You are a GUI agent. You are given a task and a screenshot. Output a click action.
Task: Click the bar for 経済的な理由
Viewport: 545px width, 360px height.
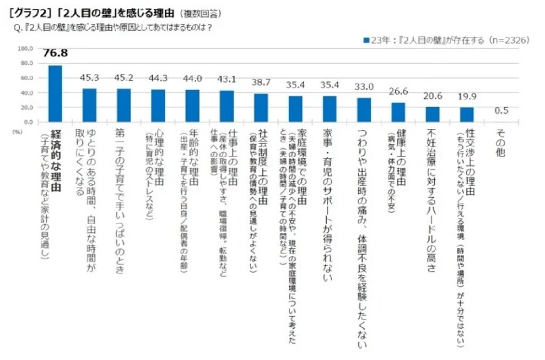point(55,93)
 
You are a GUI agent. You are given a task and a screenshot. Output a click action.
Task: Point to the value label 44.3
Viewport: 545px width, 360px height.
point(158,78)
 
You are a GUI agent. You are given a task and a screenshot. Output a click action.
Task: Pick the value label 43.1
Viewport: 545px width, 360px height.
point(227,78)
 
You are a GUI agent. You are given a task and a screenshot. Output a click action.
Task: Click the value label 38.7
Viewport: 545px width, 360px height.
point(261,82)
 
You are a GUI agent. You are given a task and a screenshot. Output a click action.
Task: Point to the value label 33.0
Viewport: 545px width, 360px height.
point(364,86)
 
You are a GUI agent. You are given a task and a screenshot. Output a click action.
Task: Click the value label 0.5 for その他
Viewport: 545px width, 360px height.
point(501,110)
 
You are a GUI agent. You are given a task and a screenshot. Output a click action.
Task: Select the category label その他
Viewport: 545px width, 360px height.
point(501,143)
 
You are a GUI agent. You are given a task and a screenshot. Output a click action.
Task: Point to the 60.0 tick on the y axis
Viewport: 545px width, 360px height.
point(26,78)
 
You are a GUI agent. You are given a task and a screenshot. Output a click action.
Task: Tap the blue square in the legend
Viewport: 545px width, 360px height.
point(366,40)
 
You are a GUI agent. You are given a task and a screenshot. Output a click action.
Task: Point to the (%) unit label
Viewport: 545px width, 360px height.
point(17,132)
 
